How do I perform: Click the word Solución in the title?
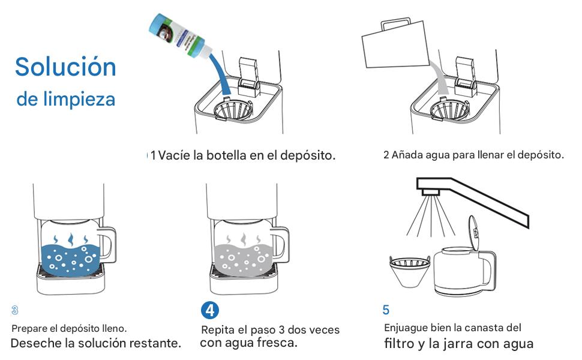point(65,67)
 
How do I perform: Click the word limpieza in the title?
point(79,99)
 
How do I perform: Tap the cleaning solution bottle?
point(180,36)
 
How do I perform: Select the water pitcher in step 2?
point(395,44)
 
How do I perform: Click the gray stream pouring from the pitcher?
point(439,79)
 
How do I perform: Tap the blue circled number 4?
point(210,310)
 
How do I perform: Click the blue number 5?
point(386,310)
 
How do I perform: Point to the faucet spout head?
point(431,192)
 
